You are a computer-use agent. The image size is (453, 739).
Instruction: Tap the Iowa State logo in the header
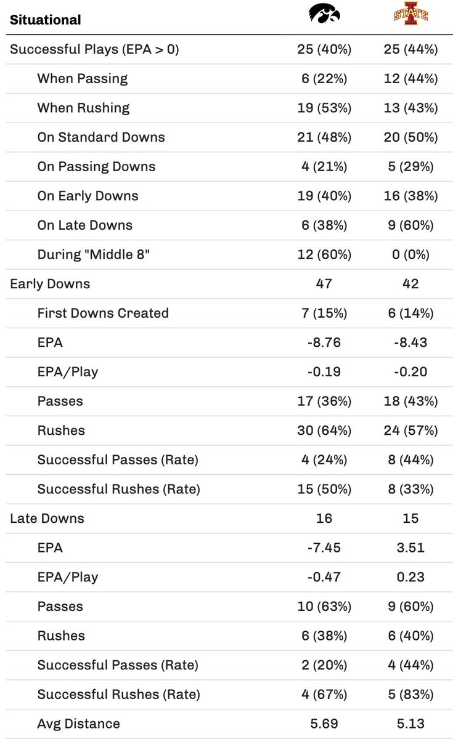410,14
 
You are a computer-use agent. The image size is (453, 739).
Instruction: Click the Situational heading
45,20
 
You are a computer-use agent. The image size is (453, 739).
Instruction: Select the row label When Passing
83,79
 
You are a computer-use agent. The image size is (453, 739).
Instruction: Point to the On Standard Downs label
101,137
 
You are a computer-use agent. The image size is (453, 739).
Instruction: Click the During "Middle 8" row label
94,255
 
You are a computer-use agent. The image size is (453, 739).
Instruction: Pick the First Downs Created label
103,313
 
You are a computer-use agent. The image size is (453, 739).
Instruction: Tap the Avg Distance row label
79,724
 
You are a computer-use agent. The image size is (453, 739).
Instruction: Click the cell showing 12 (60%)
324,255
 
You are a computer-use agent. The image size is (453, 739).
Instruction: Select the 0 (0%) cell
410,255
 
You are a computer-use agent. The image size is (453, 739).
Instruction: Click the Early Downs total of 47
324,284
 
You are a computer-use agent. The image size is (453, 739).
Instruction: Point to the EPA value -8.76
324,342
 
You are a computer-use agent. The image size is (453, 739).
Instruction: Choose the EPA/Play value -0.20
410,372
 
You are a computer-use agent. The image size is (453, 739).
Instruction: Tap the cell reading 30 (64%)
324,430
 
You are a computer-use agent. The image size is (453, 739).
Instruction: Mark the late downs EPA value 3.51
410,547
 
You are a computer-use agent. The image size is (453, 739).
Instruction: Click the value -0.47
324,577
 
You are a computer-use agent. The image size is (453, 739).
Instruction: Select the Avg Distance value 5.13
410,724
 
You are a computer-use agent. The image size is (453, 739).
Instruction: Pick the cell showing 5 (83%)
410,694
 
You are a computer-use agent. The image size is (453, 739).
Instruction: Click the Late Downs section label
47,519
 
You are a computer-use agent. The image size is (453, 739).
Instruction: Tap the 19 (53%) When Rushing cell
324,108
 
